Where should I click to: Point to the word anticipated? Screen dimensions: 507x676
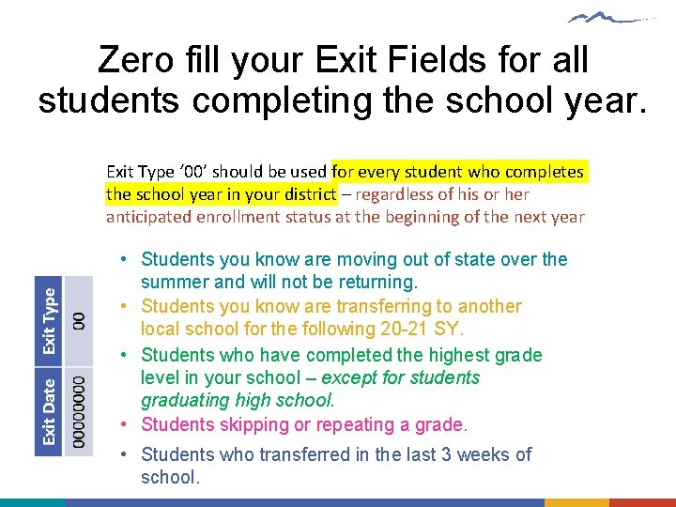pos(151,217)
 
